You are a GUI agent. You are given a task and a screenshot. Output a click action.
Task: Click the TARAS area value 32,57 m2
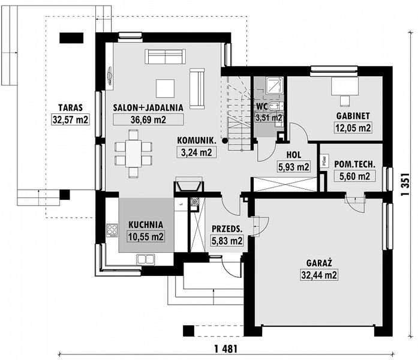[x=70, y=119]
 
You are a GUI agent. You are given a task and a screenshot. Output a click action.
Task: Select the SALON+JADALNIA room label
[x=148, y=108]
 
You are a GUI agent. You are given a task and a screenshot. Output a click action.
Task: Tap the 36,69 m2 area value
[x=148, y=119]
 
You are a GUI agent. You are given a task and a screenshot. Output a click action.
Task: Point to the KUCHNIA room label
[x=146, y=226]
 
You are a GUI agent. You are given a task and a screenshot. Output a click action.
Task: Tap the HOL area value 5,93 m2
[x=293, y=167]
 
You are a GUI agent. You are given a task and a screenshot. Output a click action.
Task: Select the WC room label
[x=261, y=106]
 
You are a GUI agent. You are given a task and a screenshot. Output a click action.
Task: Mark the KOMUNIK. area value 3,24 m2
[x=196, y=152]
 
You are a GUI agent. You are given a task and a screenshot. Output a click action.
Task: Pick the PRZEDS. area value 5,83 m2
[x=227, y=241]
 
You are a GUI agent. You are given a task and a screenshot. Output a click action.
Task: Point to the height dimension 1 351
[x=407, y=182]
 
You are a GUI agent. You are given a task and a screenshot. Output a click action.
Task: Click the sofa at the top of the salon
[x=165, y=56]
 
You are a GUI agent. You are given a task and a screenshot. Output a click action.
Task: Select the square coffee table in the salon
[x=165, y=88]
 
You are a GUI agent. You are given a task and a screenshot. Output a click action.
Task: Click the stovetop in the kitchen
[x=112, y=230]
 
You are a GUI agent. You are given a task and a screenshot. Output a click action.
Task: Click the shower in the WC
[x=273, y=86]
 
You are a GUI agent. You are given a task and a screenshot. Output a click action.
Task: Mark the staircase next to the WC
[x=238, y=114]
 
